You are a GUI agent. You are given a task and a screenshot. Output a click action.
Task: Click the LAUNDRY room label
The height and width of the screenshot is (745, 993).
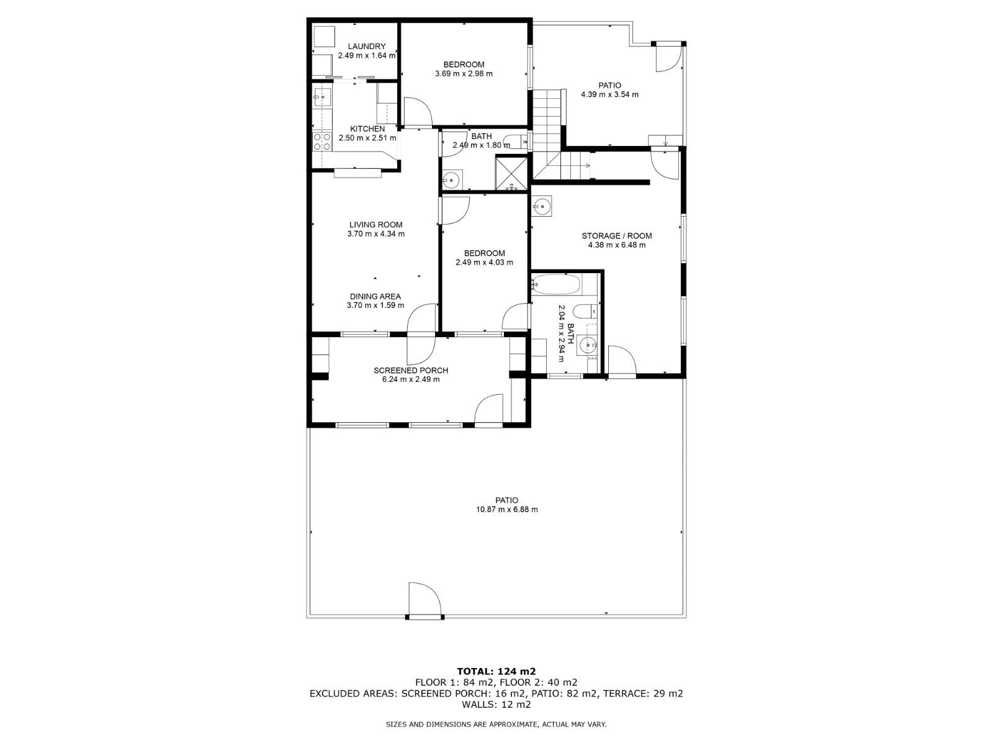tap(366, 46)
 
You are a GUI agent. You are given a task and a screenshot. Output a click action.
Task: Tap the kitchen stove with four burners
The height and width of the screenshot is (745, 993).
tap(321, 141)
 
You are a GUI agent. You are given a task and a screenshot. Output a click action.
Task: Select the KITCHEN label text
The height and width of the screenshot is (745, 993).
tap(367, 129)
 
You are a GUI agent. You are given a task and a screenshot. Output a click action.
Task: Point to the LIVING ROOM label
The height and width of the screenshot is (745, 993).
tap(375, 224)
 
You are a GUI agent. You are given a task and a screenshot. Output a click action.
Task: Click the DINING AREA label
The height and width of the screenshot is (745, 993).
tap(375, 296)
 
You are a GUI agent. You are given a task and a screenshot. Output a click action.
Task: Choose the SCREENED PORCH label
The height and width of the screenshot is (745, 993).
tap(411, 371)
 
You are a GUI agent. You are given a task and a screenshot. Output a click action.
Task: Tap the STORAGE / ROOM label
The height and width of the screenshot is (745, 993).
tap(617, 236)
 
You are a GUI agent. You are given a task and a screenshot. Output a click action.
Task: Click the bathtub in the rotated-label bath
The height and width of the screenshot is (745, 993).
tap(556, 284)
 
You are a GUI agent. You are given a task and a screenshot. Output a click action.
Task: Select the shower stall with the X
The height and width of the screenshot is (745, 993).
tap(511, 173)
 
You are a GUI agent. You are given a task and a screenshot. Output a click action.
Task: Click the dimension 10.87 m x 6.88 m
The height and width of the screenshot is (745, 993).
tap(506, 509)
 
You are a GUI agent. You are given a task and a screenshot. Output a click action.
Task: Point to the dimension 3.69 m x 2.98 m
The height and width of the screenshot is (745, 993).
tap(464, 74)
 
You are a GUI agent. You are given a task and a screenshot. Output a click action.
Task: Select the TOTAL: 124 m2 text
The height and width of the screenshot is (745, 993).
tap(496, 671)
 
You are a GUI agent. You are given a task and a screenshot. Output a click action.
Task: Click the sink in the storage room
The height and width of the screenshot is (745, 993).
tap(542, 207)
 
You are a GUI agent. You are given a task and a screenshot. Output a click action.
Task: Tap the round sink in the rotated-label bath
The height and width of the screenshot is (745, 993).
tap(589, 346)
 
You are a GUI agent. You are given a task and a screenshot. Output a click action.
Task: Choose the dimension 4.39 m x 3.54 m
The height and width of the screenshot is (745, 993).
tap(610, 94)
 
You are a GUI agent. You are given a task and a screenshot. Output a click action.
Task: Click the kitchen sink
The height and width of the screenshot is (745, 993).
tap(323, 97)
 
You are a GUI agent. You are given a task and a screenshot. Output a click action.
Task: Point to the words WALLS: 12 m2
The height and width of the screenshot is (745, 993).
tap(496, 704)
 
